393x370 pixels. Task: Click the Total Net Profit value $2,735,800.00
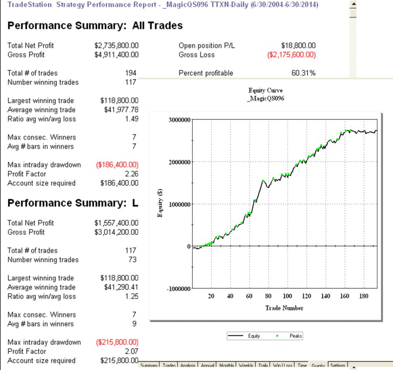116,46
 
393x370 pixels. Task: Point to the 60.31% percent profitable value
304,73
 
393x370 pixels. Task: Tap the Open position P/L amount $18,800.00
298,46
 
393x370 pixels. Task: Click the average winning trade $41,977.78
119,110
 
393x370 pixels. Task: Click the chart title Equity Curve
266,91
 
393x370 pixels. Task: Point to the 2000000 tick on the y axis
179,162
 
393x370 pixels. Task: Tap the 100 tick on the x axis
287,296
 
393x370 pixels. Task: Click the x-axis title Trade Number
285,308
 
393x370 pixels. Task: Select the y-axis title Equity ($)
160,204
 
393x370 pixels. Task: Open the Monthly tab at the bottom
226,366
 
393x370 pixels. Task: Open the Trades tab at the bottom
169,366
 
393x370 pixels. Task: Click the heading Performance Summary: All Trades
95,26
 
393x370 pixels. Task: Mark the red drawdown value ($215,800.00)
117,342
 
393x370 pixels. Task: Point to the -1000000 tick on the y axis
178,289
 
